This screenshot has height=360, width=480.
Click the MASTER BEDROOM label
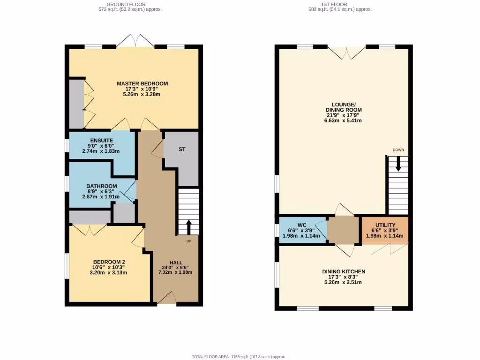142,84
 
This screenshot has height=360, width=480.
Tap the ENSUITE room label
101,140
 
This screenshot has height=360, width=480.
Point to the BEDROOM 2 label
108,262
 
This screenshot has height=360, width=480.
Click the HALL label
176,263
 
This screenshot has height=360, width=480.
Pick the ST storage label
182,150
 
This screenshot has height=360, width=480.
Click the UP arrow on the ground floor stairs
189,227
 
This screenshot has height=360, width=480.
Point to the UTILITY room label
385,225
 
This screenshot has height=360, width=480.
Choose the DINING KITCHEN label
343,271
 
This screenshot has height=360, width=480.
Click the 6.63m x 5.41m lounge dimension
343,120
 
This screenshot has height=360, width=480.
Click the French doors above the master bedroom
135,42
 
